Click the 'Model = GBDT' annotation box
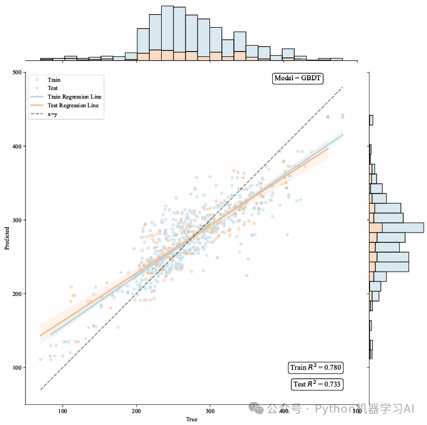coord(298,78)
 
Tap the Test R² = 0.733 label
coord(317,384)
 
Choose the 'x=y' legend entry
coord(53,114)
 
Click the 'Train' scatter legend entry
coord(54,80)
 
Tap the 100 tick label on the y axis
coord(17,368)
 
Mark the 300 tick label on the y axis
coord(17,220)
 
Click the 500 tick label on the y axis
coord(17,73)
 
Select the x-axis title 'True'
coord(192,420)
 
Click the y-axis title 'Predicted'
coord(7,239)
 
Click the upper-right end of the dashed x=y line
coord(343,87)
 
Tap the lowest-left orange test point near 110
coord(40,359)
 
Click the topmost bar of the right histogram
coord(371,120)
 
